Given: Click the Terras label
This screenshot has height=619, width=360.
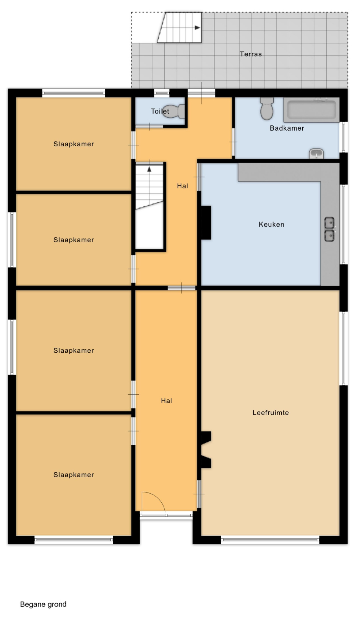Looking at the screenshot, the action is click(x=251, y=54).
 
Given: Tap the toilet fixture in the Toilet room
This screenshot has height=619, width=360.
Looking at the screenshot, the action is click(x=173, y=111).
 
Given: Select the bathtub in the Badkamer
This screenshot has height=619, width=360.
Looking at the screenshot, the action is click(x=311, y=110).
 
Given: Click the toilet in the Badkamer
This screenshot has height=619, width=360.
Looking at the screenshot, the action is click(x=267, y=109).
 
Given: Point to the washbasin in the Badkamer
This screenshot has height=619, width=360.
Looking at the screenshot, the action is click(x=316, y=154).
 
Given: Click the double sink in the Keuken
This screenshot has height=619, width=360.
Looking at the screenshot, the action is click(x=329, y=229).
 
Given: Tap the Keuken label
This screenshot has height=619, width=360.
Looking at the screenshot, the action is click(x=271, y=224).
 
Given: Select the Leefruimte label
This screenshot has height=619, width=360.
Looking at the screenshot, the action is click(x=271, y=413).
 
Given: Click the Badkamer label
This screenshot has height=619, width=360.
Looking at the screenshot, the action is click(x=287, y=128).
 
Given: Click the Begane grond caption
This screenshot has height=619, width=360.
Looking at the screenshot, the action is click(x=44, y=604).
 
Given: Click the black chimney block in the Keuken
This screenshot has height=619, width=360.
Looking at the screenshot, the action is click(x=206, y=222).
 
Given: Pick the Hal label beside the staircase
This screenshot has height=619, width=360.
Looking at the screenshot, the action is click(x=182, y=186).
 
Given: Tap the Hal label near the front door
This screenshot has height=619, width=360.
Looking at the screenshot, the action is click(x=166, y=401).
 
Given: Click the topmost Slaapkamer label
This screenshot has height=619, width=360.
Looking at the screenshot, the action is click(x=73, y=144).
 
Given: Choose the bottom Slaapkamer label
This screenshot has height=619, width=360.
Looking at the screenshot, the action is click(x=73, y=475).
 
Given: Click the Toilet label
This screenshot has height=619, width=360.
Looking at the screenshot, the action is click(x=160, y=111).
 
